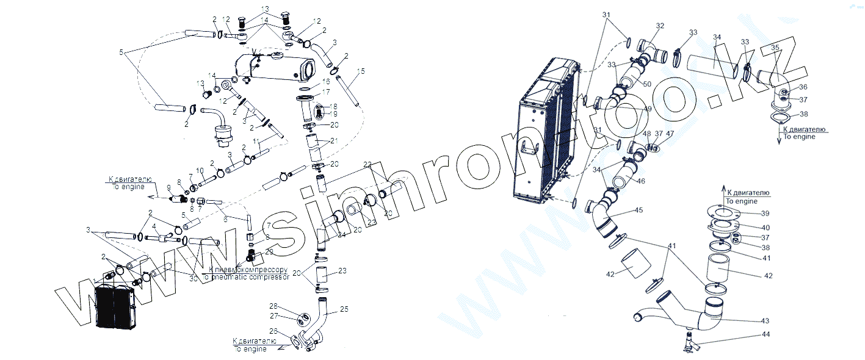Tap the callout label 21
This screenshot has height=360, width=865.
(x=333, y=141)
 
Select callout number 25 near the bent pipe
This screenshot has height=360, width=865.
(x=344, y=309)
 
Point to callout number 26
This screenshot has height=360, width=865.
(x=273, y=331)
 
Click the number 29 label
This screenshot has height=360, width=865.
(x=269, y=251)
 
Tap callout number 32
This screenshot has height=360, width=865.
(x=660, y=26)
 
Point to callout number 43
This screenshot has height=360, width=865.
(x=765, y=320)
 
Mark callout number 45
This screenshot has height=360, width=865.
(x=639, y=210)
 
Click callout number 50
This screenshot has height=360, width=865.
(x=646, y=83)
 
